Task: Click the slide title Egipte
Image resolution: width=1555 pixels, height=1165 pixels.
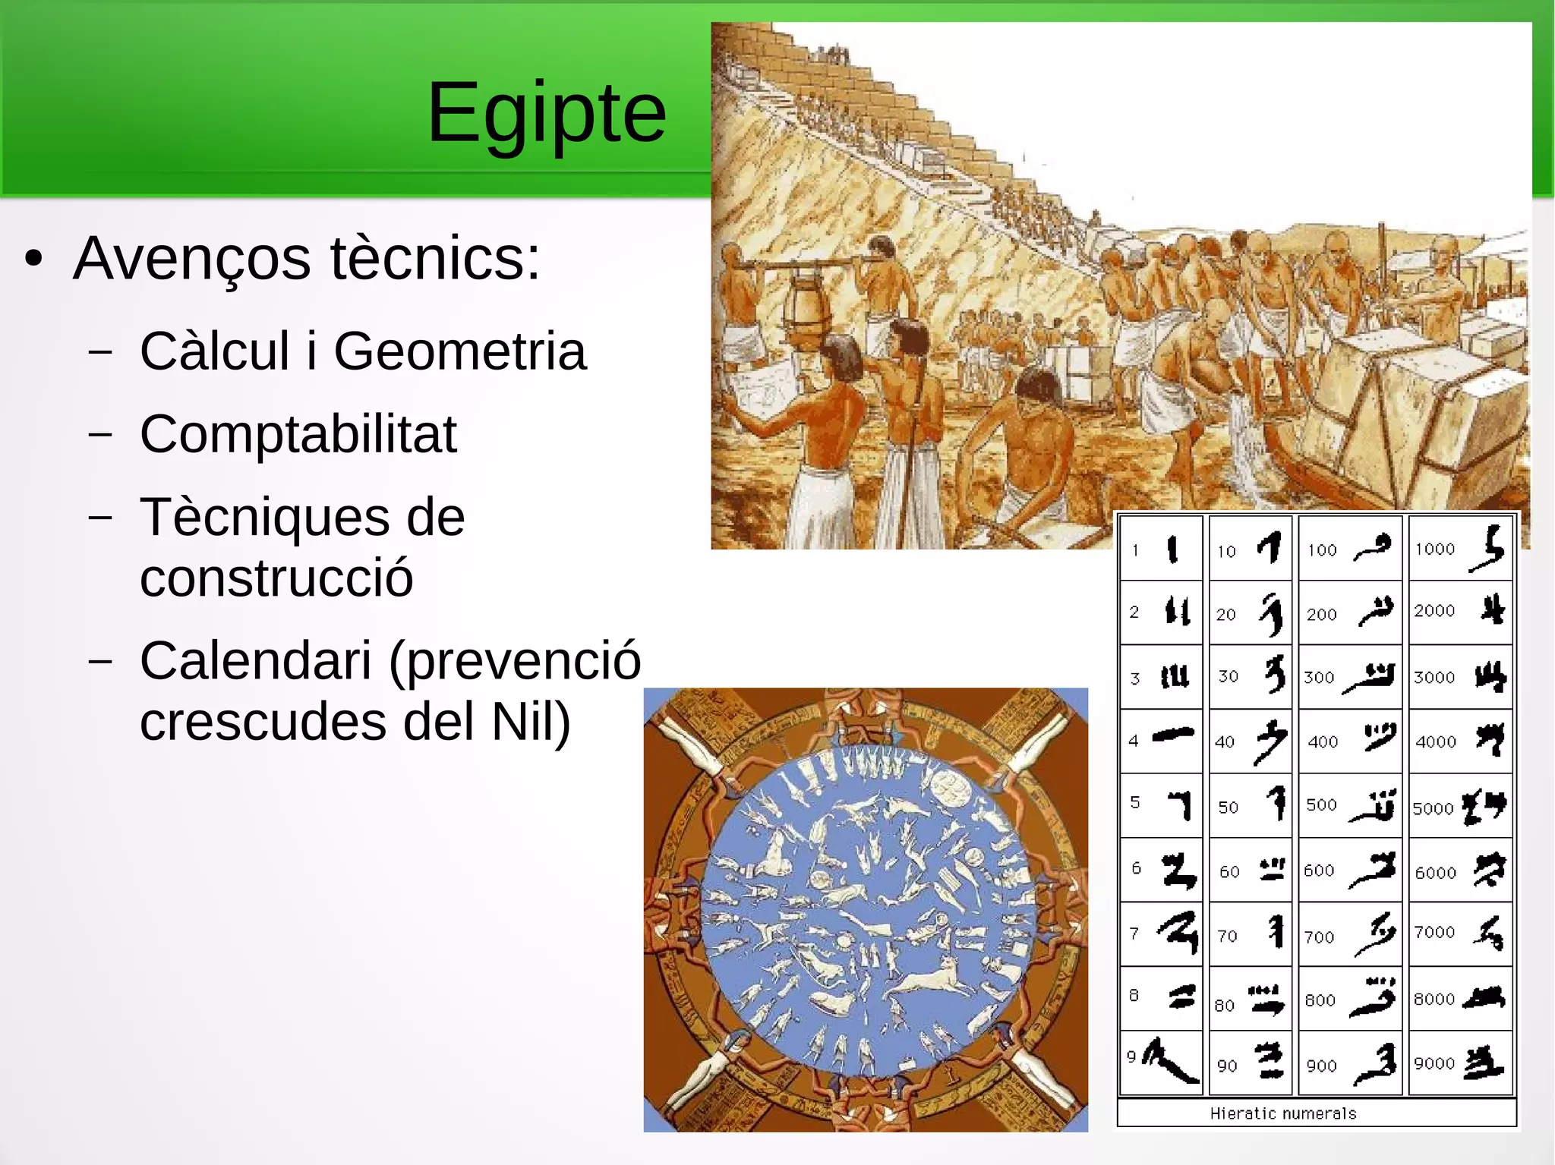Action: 547,114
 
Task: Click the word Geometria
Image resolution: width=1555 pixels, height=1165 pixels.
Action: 459,351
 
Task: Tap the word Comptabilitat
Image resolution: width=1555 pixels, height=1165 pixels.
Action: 298,434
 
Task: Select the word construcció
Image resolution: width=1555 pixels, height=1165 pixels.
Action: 276,578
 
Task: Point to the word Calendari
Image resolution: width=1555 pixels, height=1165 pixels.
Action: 256,660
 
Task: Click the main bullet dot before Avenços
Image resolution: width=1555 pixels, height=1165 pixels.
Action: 33,259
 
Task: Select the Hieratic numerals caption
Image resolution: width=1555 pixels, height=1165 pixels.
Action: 1283,1113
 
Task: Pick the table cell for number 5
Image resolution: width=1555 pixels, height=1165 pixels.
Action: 1162,805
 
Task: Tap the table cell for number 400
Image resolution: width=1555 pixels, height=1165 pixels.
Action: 1350,742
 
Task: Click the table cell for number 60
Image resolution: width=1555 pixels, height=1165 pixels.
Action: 1251,870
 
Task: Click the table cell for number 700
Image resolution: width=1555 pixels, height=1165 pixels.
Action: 1350,934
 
